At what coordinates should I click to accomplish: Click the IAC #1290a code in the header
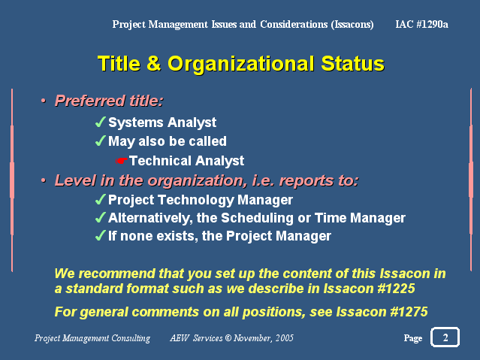tap(421, 24)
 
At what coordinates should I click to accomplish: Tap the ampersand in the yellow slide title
tap(154, 63)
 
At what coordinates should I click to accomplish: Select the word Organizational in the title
tap(241, 65)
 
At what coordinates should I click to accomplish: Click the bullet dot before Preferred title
tap(44, 101)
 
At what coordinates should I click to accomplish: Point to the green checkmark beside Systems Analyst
tap(101, 122)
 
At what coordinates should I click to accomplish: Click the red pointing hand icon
tap(121, 161)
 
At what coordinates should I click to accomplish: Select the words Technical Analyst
tap(187, 161)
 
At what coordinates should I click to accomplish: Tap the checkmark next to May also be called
tap(101, 141)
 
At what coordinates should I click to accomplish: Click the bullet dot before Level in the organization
tap(44, 180)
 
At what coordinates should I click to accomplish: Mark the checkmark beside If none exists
tap(101, 235)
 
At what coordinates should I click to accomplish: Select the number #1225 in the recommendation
tap(396, 289)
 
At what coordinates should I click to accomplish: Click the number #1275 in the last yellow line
tap(409, 312)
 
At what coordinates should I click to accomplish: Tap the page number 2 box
tap(445, 337)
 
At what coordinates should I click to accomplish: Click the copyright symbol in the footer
tap(228, 338)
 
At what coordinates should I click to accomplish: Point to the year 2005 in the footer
tap(285, 338)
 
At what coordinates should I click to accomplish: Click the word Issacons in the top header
tap(352, 25)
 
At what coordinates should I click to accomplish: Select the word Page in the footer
tap(413, 338)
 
